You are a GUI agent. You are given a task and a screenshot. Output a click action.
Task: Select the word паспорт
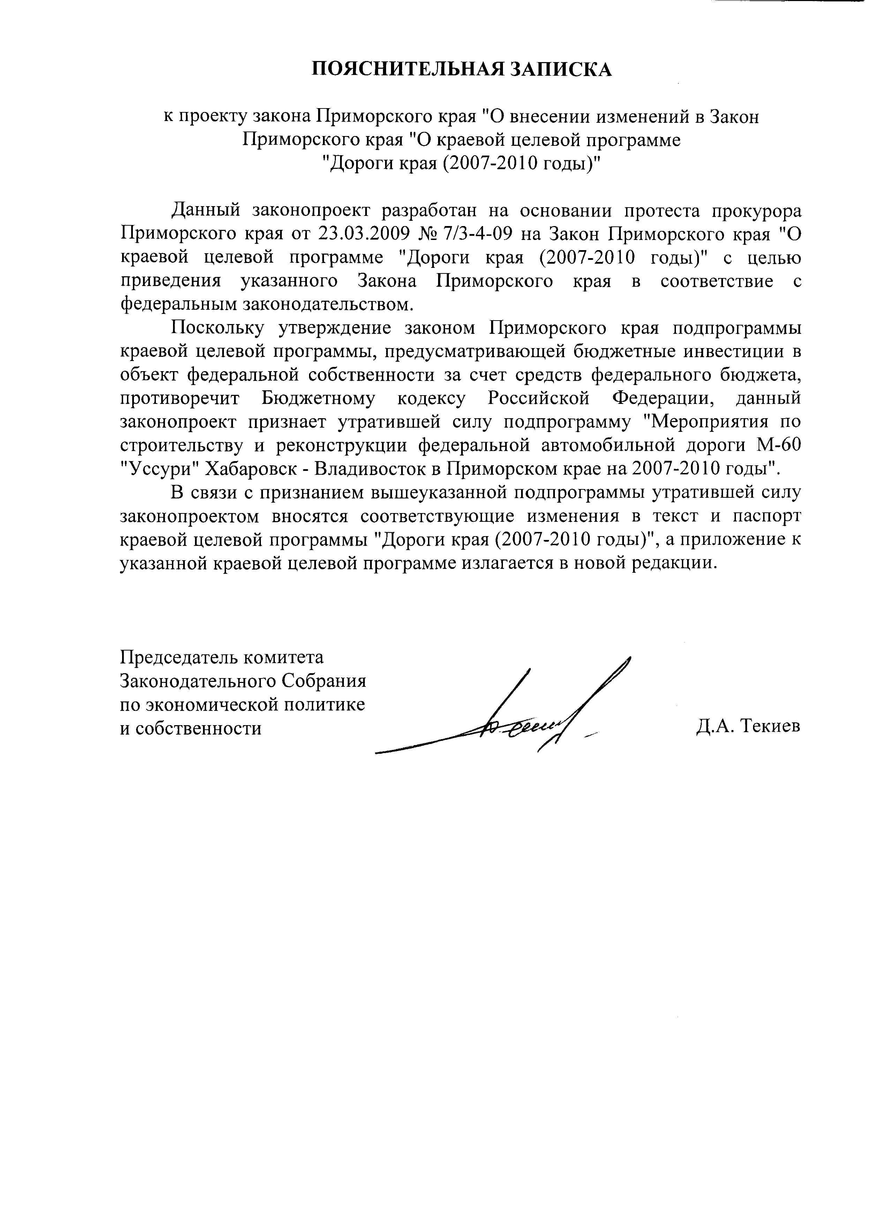(767, 516)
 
